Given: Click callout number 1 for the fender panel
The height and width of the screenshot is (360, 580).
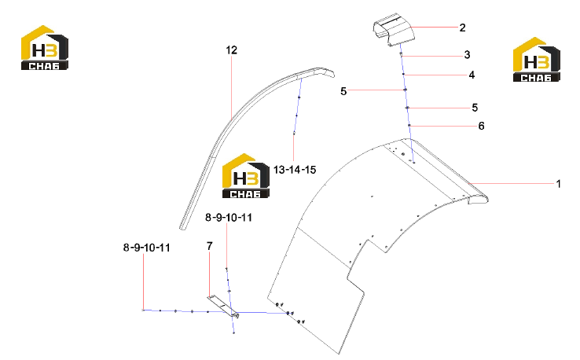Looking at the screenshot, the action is tap(558, 183).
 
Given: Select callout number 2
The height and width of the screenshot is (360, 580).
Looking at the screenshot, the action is tap(462, 28).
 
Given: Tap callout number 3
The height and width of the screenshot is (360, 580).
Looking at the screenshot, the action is tap(467, 55).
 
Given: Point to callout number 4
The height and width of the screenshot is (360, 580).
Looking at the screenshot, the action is tap(472, 75).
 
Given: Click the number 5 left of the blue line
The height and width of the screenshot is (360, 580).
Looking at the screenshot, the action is tap(343, 91).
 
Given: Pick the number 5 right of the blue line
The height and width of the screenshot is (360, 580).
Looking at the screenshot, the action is tap(475, 108).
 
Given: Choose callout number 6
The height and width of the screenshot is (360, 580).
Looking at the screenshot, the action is tap(481, 126).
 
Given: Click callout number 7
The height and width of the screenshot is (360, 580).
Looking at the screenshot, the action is tap(209, 246).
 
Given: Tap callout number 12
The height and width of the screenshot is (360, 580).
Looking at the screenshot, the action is tap(232, 50).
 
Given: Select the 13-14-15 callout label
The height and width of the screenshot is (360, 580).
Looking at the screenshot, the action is tap(295, 170).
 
